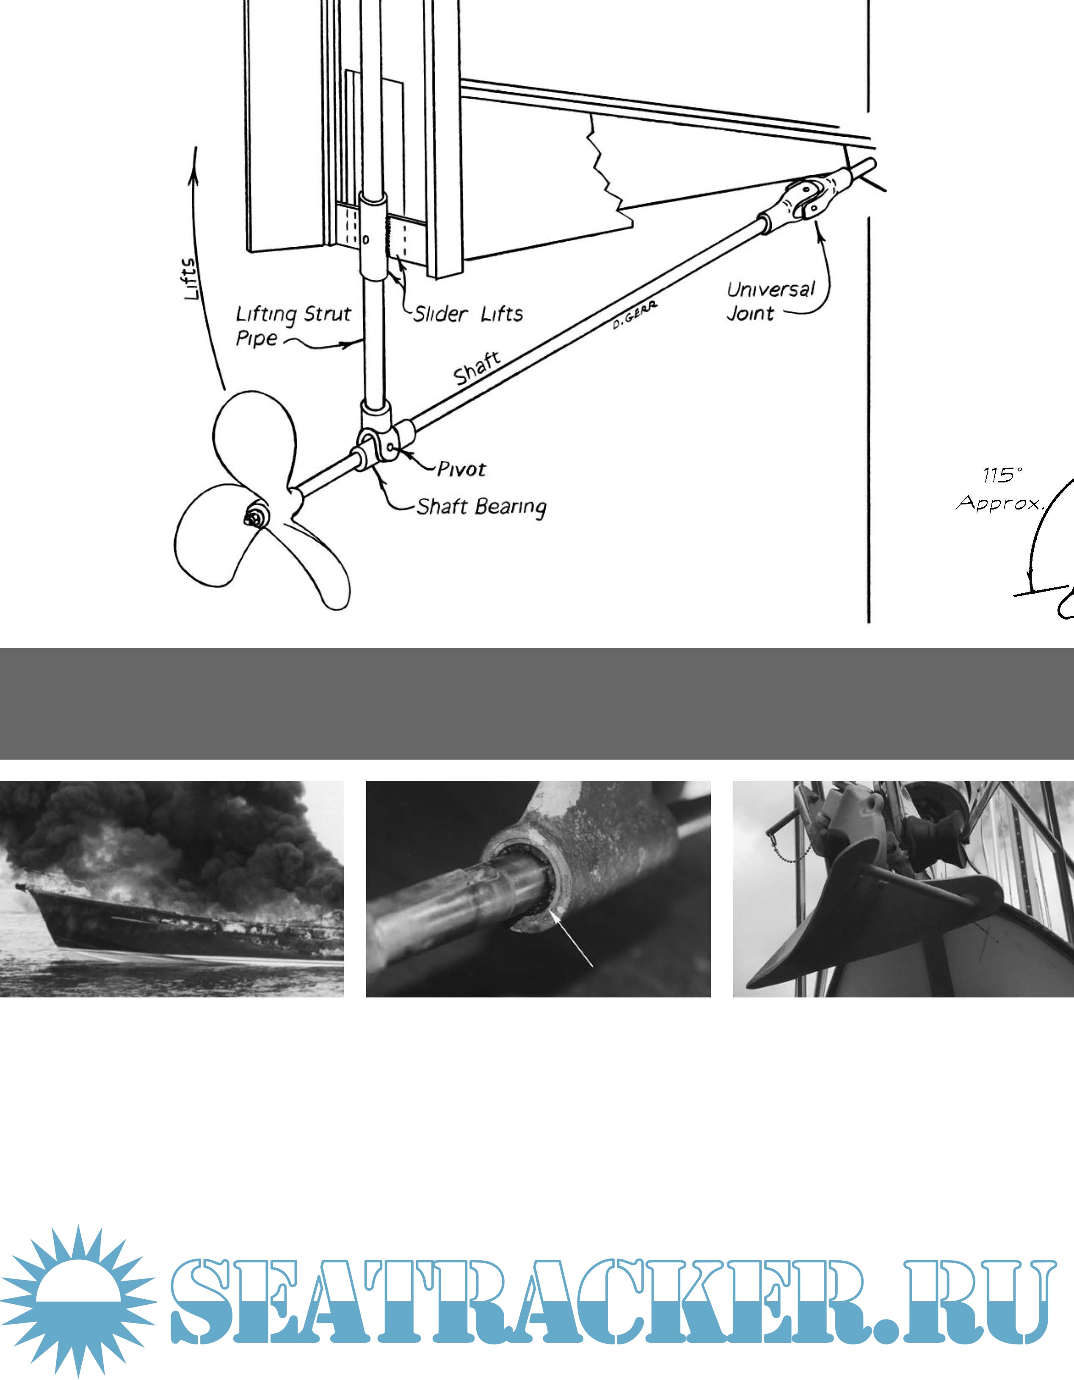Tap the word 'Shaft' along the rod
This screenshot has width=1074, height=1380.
click(x=477, y=368)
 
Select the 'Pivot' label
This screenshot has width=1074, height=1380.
click(x=461, y=469)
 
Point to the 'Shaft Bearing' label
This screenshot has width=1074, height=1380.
click(x=481, y=507)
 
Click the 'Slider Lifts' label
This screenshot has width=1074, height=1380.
click(x=468, y=314)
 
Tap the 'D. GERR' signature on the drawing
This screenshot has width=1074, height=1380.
click(x=634, y=315)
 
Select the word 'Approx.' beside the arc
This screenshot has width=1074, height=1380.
click(x=999, y=503)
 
